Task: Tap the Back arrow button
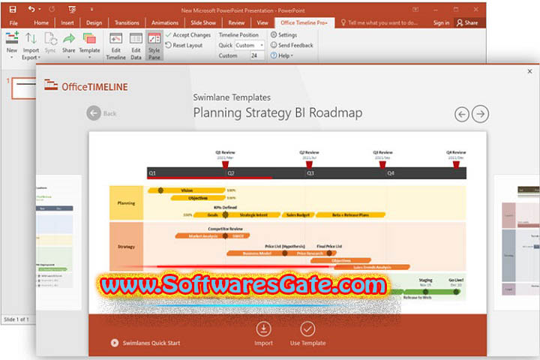(x=94, y=113)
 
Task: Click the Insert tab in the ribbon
(x=66, y=22)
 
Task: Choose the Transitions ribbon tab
(x=127, y=22)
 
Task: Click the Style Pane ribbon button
(x=154, y=46)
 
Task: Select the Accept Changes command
(x=187, y=35)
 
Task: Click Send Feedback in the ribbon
(x=295, y=46)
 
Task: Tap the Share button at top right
(x=466, y=22)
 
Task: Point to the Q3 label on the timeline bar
(x=310, y=173)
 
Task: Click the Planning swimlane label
(x=126, y=203)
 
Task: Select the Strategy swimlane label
(x=126, y=246)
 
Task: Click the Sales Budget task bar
(x=298, y=214)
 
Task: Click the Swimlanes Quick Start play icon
(x=115, y=343)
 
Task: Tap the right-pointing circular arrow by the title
(x=480, y=114)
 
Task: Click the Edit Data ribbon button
(x=136, y=46)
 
